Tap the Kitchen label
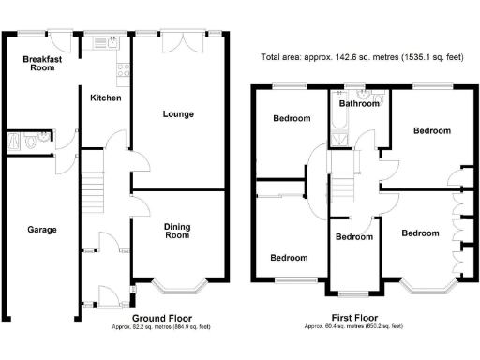click(x=105, y=97)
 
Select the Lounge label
click(x=178, y=114)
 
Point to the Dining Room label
click(x=177, y=230)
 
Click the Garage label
click(x=41, y=230)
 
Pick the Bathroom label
click(x=359, y=104)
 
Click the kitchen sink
click(x=111, y=42)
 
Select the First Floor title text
click(x=354, y=318)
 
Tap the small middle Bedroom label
click(x=354, y=237)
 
